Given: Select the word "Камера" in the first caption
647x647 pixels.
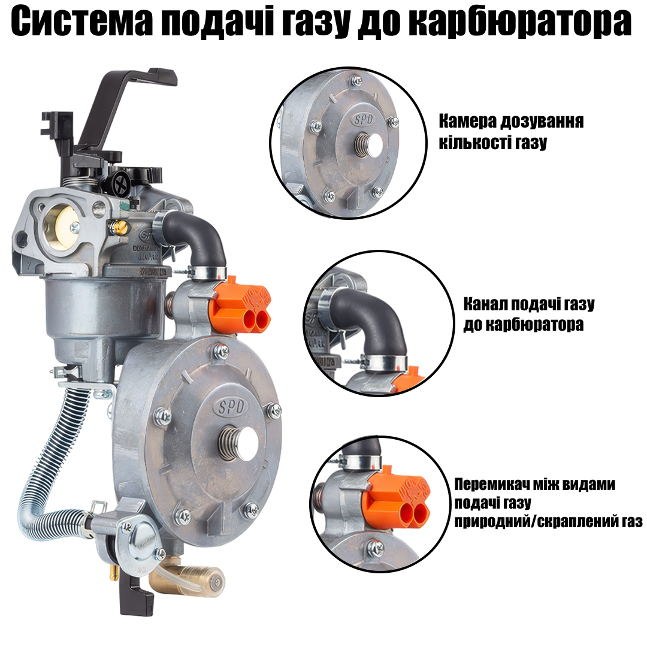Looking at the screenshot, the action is [467, 121].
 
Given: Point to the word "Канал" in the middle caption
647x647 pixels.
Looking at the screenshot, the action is [485, 304].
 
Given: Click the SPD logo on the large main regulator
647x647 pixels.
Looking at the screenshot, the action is [231, 407].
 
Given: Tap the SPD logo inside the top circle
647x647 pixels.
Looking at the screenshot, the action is [363, 120].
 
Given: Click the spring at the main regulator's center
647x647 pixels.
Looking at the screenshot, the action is [229, 443].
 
